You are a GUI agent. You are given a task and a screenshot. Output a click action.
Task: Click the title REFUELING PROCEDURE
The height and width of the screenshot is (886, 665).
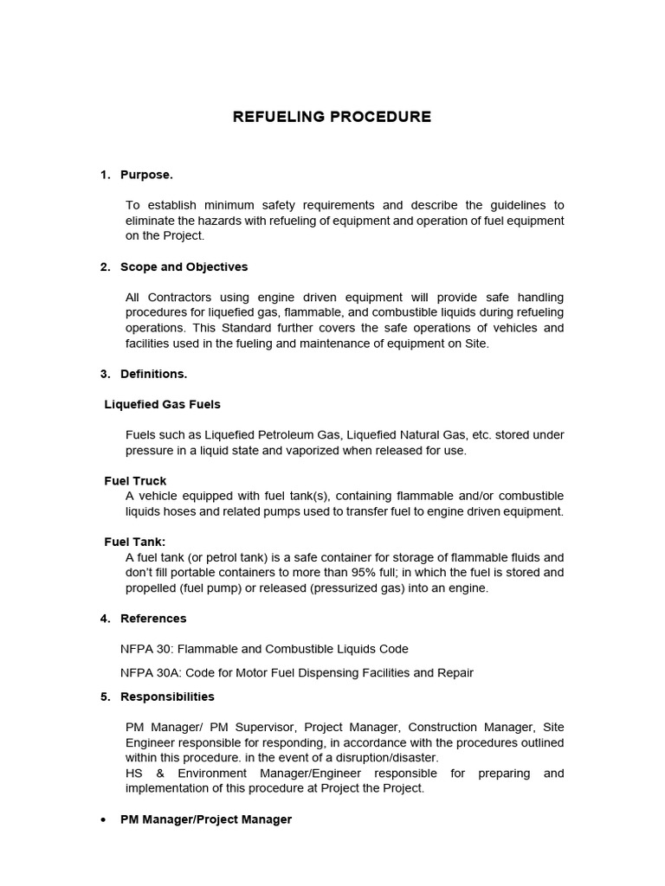click(x=332, y=117)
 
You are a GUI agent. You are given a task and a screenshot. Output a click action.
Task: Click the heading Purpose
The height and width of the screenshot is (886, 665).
click(x=146, y=175)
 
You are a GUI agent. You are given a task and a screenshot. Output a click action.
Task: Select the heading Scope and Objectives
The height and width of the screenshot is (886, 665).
click(x=184, y=266)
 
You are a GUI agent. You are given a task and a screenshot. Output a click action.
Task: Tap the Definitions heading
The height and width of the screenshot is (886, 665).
click(x=153, y=374)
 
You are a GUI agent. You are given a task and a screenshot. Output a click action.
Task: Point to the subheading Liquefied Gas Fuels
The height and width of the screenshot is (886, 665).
click(x=162, y=404)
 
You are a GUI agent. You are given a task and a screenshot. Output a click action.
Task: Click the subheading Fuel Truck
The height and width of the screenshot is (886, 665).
click(x=135, y=480)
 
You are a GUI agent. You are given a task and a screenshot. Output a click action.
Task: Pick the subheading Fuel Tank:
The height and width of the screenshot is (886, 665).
click(x=135, y=542)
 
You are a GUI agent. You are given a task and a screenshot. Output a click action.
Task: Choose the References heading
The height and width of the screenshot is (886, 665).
click(x=153, y=618)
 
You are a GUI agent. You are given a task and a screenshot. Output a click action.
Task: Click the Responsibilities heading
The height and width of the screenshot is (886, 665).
click(x=167, y=697)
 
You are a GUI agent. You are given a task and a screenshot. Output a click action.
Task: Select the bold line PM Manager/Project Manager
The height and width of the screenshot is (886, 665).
click(x=206, y=819)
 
